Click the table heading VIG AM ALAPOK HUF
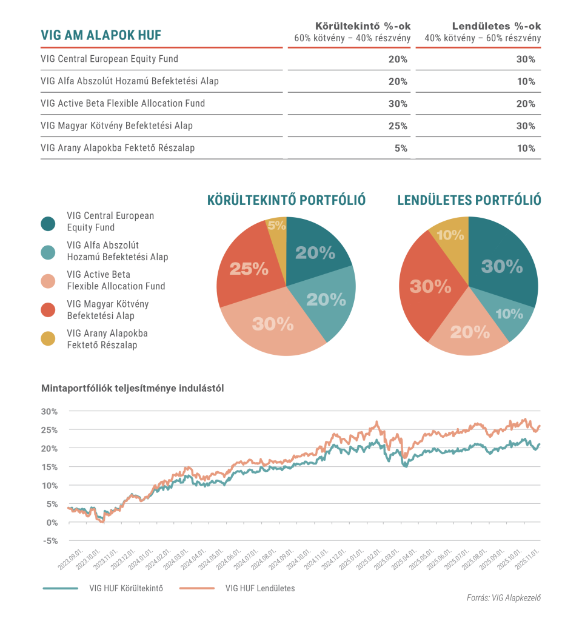pyautogui.click(x=101, y=35)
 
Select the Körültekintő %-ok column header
pyautogui.click(x=363, y=27)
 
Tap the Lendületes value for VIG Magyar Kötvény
pyautogui.click(x=526, y=126)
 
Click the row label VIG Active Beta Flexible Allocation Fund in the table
pyautogui.click(x=122, y=104)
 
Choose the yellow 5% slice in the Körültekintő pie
pyautogui.click(x=276, y=226)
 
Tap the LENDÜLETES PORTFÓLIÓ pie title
pyautogui.click(x=469, y=200)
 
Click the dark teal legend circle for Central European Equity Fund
pyautogui.click(x=48, y=223)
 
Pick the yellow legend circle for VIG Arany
pyautogui.click(x=48, y=339)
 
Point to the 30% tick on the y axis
pyautogui.click(x=50, y=411)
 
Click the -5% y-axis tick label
pyautogui.click(x=50, y=542)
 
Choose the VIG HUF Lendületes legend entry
pyautogui.click(x=259, y=588)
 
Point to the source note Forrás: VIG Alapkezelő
pyautogui.click(x=503, y=598)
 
